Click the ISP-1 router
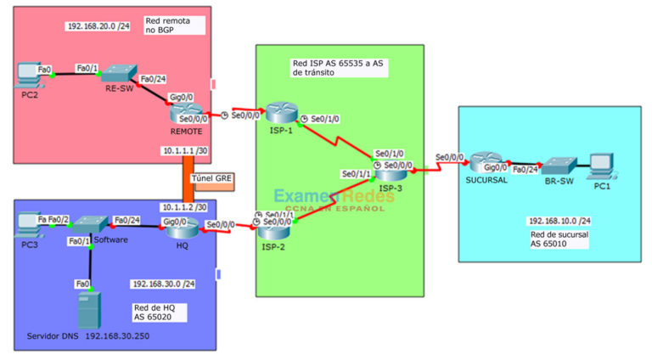(x=278, y=114)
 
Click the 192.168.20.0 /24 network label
(x=100, y=26)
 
